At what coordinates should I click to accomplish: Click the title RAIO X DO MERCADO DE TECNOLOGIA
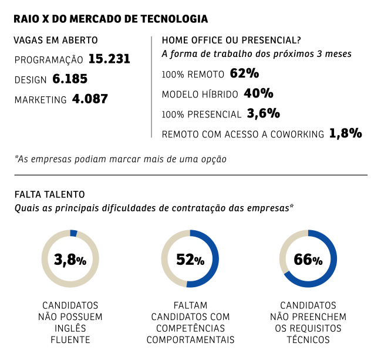(x=110, y=19)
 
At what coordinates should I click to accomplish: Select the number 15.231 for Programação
(x=109, y=59)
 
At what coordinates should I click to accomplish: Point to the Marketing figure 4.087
(x=90, y=99)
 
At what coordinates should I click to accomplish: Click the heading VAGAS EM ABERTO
(x=55, y=41)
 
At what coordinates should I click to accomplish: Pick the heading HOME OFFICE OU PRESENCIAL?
(x=231, y=41)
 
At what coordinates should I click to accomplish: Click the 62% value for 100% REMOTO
(x=245, y=74)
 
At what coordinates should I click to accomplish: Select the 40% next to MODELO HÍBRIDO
(x=258, y=93)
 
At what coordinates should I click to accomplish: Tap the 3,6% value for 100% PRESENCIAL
(x=263, y=113)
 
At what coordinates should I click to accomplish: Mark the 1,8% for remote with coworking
(x=345, y=133)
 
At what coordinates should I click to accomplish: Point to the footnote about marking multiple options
(x=120, y=159)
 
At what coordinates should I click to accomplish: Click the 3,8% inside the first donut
(x=70, y=260)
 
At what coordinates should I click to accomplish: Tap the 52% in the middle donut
(x=190, y=260)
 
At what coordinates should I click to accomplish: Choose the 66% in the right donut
(x=308, y=260)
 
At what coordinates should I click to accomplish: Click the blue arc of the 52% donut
(x=215, y=258)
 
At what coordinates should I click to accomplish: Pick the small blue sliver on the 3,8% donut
(x=73, y=233)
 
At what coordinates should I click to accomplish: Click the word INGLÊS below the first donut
(x=70, y=328)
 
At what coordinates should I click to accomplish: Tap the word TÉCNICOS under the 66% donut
(x=308, y=339)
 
